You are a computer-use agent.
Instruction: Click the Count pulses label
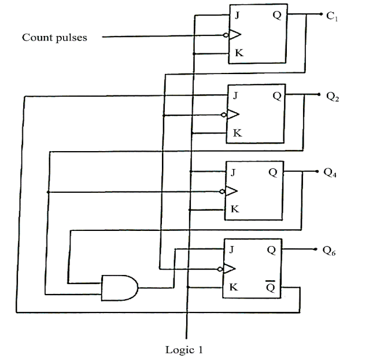tap(54, 38)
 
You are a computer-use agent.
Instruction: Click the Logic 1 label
tap(184, 350)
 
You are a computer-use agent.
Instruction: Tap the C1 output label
tap(332, 16)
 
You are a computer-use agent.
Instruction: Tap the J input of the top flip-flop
tap(238, 16)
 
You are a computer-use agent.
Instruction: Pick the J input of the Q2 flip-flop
tap(235, 95)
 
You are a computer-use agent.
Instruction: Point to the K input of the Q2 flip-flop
tap(237, 134)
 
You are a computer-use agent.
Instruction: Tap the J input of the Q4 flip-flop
tap(233, 172)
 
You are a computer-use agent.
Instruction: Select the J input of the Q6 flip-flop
tap(232, 250)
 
